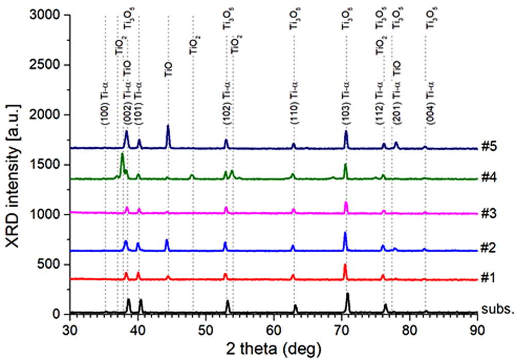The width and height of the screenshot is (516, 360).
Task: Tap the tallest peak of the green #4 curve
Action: (122, 155)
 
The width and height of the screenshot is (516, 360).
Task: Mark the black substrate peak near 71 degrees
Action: (348, 295)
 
